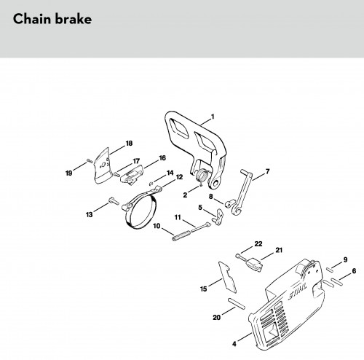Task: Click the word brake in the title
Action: (x=73, y=19)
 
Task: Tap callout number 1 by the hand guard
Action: (x=213, y=117)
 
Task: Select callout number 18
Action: (x=129, y=144)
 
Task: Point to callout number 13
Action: (x=90, y=214)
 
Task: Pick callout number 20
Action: (x=217, y=317)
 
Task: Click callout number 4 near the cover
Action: (x=234, y=344)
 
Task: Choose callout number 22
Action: (x=258, y=243)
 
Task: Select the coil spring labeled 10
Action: (x=182, y=235)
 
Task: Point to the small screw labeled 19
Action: (x=90, y=160)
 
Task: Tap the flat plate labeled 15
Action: (x=227, y=277)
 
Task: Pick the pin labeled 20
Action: (x=237, y=304)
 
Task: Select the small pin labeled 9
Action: (x=331, y=270)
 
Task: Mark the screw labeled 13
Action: (x=114, y=201)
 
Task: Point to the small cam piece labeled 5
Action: (x=218, y=216)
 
